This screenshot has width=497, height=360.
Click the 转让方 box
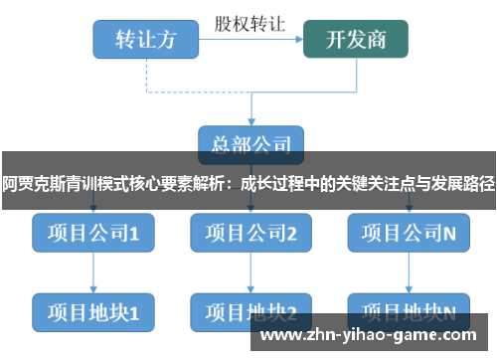146,39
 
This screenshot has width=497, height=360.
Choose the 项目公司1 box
92,234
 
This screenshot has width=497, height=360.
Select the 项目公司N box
409,234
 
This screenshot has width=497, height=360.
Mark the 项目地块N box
409,311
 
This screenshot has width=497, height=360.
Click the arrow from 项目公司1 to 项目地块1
92,272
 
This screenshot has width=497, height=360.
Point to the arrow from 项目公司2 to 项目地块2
251,272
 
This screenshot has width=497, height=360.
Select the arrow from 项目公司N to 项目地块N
409,272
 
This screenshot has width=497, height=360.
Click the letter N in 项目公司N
449,235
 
